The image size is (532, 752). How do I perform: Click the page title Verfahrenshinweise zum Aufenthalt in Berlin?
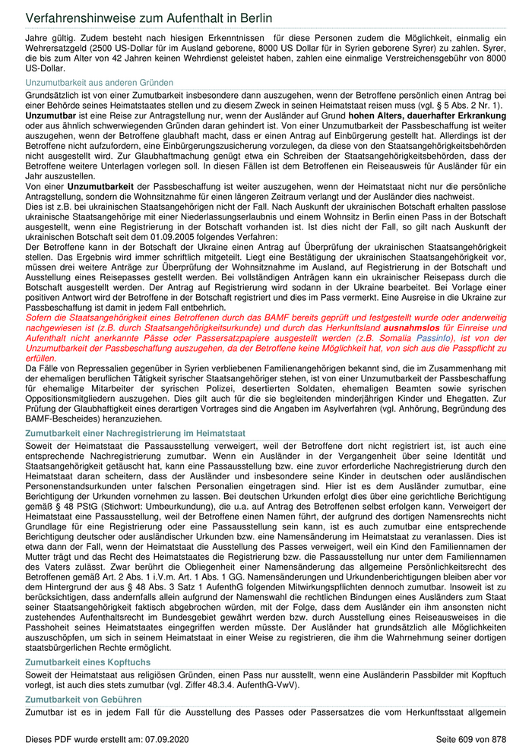pyautogui.click(x=148, y=17)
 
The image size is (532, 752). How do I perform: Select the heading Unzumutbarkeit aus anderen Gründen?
pyautogui.click(x=99, y=82)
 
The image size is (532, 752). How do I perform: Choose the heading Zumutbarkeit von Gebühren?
pyautogui.click(x=84, y=698)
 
